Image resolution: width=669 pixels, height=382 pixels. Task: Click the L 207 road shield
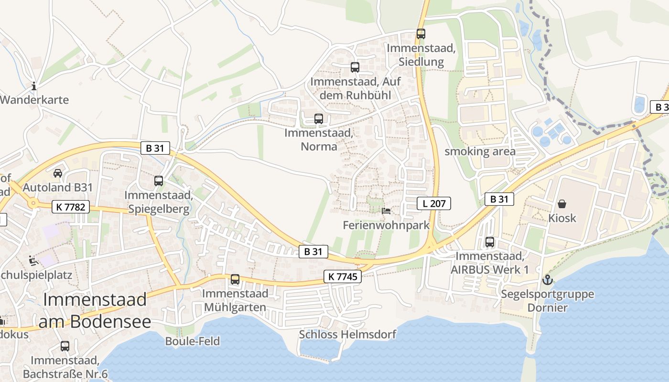(x=434, y=203)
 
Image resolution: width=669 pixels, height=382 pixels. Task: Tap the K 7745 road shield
(x=343, y=276)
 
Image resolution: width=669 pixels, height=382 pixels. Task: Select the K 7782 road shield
(x=71, y=206)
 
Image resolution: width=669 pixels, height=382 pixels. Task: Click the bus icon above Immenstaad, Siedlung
(x=421, y=34)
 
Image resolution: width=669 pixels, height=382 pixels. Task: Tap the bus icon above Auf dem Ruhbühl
(x=355, y=67)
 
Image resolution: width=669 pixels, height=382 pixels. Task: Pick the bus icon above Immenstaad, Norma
(x=318, y=119)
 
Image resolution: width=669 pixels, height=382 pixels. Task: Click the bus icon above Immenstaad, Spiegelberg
(x=159, y=181)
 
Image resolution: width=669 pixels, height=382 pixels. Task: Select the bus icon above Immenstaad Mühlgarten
(x=235, y=279)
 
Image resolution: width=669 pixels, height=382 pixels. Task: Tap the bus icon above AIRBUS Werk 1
(x=490, y=242)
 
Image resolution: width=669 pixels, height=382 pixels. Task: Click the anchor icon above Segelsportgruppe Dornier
(x=548, y=280)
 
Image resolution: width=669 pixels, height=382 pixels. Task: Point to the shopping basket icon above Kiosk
(x=562, y=204)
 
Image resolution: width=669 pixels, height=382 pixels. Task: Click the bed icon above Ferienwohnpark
(x=386, y=211)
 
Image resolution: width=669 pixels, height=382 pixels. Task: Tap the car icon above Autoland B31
(x=58, y=173)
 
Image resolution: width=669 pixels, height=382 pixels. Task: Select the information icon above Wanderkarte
(x=34, y=86)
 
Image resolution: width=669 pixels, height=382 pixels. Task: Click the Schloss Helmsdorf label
(x=347, y=334)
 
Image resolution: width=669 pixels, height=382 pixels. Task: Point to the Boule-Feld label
(x=192, y=341)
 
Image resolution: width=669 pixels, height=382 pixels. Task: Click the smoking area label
(x=480, y=151)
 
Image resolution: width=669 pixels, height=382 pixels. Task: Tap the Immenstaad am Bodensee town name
(x=95, y=310)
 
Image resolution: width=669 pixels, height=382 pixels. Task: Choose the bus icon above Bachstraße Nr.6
(x=65, y=346)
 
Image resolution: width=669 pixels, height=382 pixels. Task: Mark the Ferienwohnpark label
(x=386, y=225)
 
